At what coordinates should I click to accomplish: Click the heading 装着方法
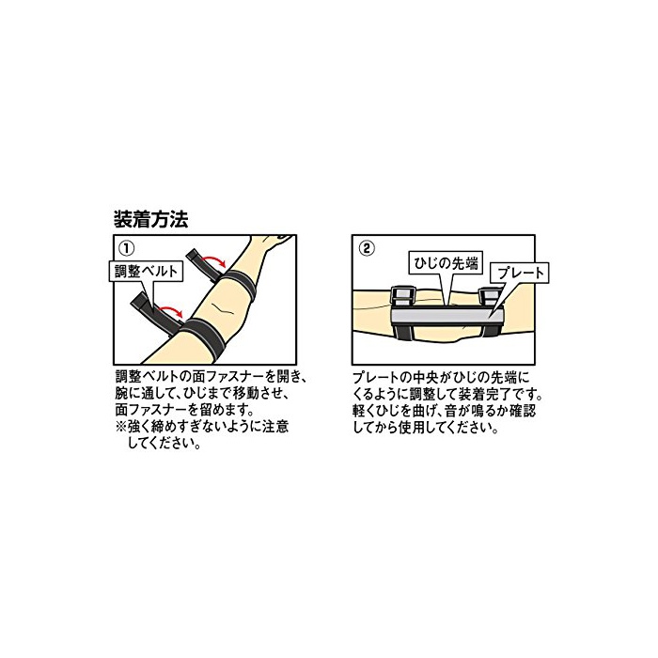pos(150,219)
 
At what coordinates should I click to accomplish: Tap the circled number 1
pos(127,248)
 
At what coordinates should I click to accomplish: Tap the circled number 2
pos(367,248)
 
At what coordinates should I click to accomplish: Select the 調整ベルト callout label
pos(146,271)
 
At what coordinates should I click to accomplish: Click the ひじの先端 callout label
pos(446,263)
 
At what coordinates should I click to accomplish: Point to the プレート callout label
pos(521,274)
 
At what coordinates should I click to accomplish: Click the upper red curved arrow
pos(214,263)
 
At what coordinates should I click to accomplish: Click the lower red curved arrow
pos(171,311)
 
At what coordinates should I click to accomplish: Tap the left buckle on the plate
pos(403,296)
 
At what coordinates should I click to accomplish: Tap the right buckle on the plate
pos(490,297)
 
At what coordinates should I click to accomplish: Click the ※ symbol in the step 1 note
pos(120,427)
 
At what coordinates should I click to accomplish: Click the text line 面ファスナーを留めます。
pos(184,410)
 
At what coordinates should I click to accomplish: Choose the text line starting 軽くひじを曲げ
pos(445,411)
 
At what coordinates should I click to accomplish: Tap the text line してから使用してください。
pos(426,428)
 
